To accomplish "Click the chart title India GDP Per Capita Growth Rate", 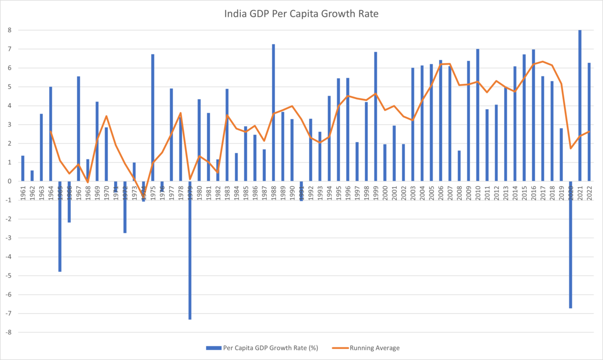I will coord(301,15).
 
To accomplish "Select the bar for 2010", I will coord(477,115).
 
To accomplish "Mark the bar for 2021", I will coord(580,106).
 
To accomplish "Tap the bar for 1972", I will coord(125,207).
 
